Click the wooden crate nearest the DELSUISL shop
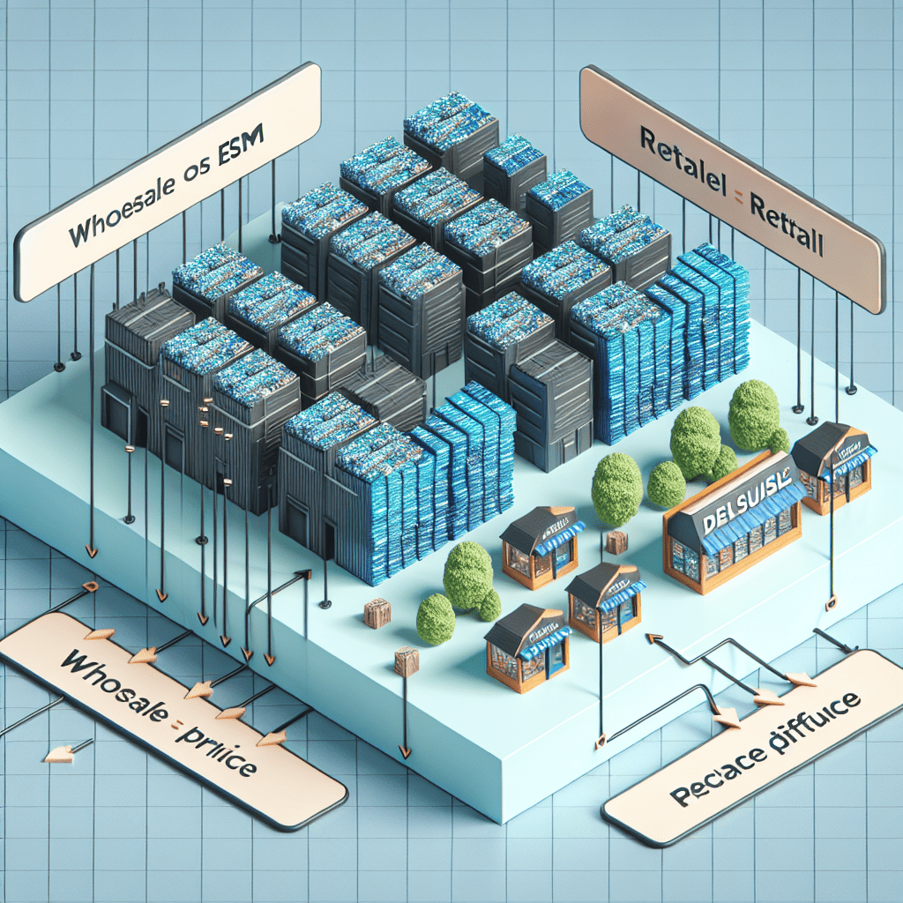[616, 542]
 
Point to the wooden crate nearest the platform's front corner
[407, 660]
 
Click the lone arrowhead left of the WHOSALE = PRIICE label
[58, 752]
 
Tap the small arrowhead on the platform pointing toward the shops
[654, 638]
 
